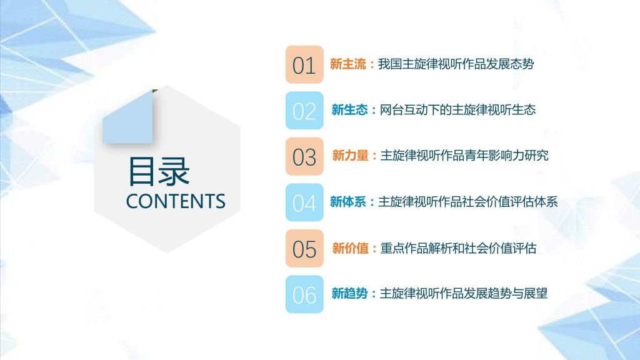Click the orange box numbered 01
tap(304, 64)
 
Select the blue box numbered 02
tap(304, 110)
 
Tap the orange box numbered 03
tap(304, 156)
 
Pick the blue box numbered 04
tap(304, 202)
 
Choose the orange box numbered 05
tap(304, 248)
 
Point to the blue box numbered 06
tap(304, 294)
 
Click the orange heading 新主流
tap(348, 64)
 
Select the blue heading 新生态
tap(350, 110)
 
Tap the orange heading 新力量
tap(351, 156)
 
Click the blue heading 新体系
tap(348, 202)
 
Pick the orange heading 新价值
tap(351, 248)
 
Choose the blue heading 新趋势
tap(350, 294)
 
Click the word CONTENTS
tap(176, 201)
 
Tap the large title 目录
tap(159, 171)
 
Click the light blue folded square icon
tap(127, 117)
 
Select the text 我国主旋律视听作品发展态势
tap(456, 64)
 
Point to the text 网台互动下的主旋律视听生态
tap(457, 110)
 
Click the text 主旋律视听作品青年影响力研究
tap(464, 156)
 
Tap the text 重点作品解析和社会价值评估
tap(458, 248)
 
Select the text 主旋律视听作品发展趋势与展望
tap(464, 294)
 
